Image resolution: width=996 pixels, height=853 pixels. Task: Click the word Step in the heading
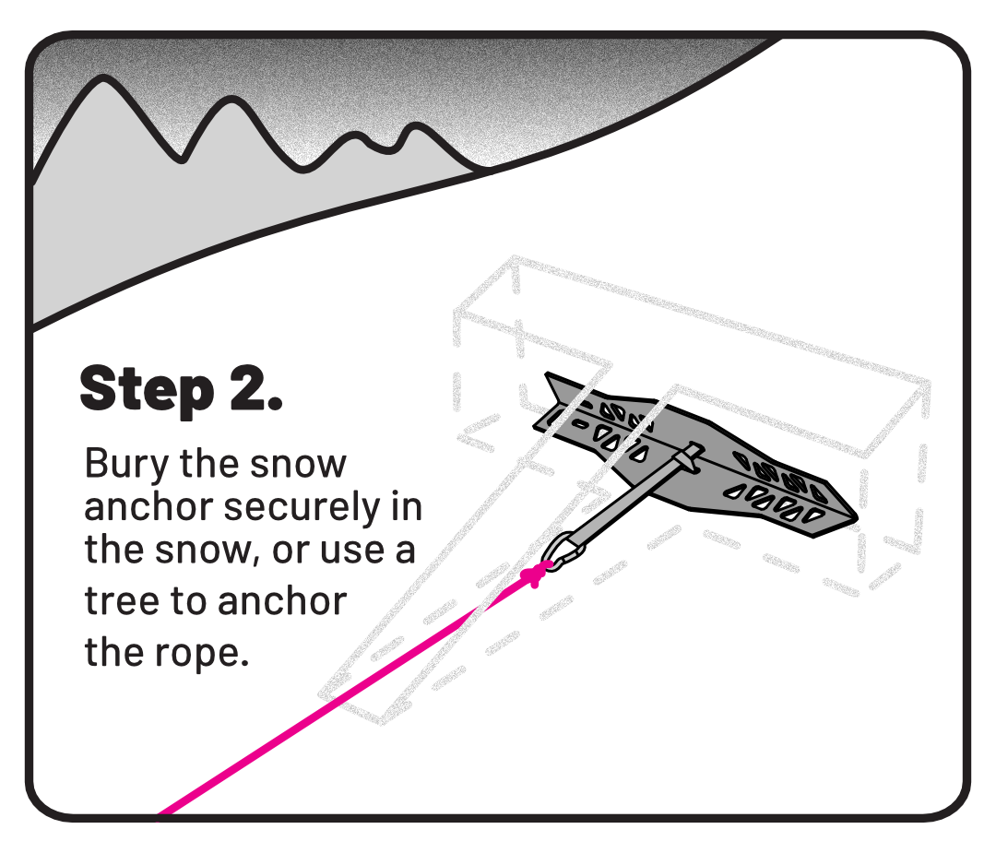pos(147,389)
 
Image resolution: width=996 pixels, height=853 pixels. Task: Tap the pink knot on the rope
pos(535,574)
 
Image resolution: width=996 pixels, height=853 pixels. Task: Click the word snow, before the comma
pos(204,550)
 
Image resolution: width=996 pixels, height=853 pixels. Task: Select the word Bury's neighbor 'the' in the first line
pos(209,464)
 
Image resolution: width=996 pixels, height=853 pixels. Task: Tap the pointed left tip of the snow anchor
pos(547,374)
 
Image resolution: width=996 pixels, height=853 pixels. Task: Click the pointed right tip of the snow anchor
pos(856,518)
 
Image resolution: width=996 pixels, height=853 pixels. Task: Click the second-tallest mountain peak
pos(232,99)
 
